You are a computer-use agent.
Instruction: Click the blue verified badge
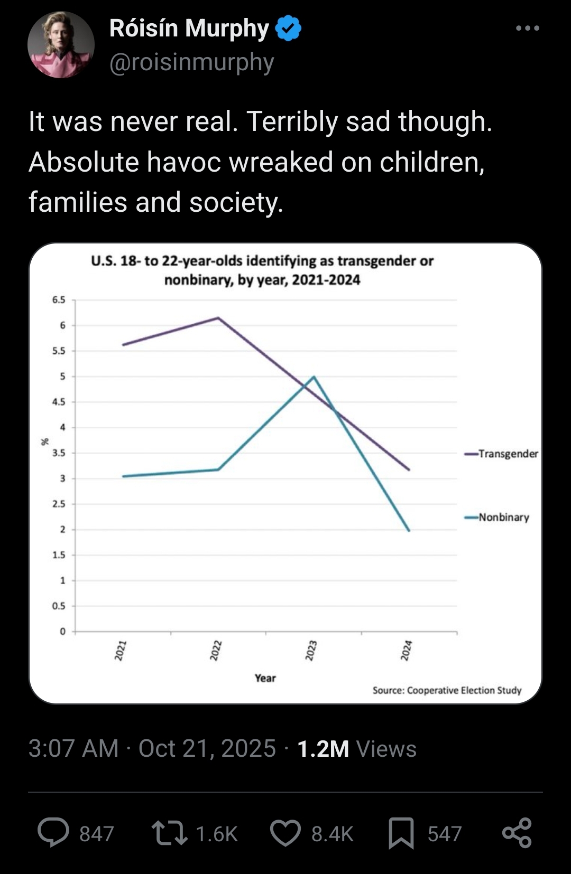pyautogui.click(x=288, y=29)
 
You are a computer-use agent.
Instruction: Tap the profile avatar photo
pyautogui.click(x=61, y=45)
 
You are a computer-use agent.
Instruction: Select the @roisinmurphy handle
pyautogui.click(x=191, y=62)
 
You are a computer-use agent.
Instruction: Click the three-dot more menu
pyautogui.click(x=528, y=28)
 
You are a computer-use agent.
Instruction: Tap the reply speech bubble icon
pyautogui.click(x=53, y=833)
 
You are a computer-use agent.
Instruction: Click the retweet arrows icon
pyautogui.click(x=169, y=833)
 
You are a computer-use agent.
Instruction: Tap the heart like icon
pyautogui.click(x=285, y=833)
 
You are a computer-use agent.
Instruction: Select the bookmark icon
pyautogui.click(x=401, y=833)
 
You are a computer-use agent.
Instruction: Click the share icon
pyautogui.click(x=517, y=833)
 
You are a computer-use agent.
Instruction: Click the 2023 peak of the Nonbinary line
pyautogui.click(x=314, y=377)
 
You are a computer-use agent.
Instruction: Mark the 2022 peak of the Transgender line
pyautogui.click(x=218, y=318)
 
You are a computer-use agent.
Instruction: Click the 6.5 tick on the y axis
pyautogui.click(x=59, y=300)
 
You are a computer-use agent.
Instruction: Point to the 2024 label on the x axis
pyautogui.click(x=406, y=650)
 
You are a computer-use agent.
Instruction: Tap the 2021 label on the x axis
pyautogui.click(x=121, y=650)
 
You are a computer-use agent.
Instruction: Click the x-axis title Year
pyautogui.click(x=265, y=678)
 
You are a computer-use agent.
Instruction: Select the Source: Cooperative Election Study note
pyautogui.click(x=447, y=690)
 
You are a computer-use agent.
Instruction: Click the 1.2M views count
pyautogui.click(x=323, y=749)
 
